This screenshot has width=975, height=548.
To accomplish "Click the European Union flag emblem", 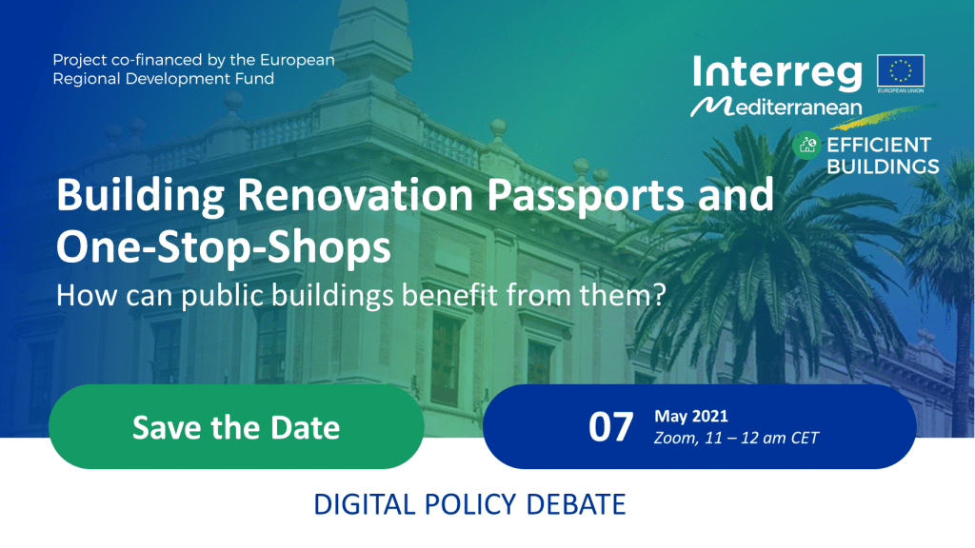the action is tap(901, 70).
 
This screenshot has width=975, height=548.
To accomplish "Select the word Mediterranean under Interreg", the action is tap(777, 107).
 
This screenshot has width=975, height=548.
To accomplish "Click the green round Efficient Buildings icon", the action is tap(806, 146).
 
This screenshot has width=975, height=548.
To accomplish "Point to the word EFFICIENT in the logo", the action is tap(879, 145).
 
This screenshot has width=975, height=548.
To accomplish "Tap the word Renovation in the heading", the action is tap(354, 194).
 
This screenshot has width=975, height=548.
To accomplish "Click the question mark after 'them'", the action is tap(659, 295).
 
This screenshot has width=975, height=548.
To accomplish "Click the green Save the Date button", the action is tap(236, 427).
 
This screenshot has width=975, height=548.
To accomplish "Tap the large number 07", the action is tap(610, 427).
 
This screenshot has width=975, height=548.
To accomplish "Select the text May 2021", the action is tap(691, 417).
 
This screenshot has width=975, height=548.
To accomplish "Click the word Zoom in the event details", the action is tap(675, 438).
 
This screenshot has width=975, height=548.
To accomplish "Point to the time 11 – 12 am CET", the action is tap(762, 438).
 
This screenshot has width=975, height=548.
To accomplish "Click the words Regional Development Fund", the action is tap(164, 79).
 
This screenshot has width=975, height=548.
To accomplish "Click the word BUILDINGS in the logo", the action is tap(883, 166).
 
